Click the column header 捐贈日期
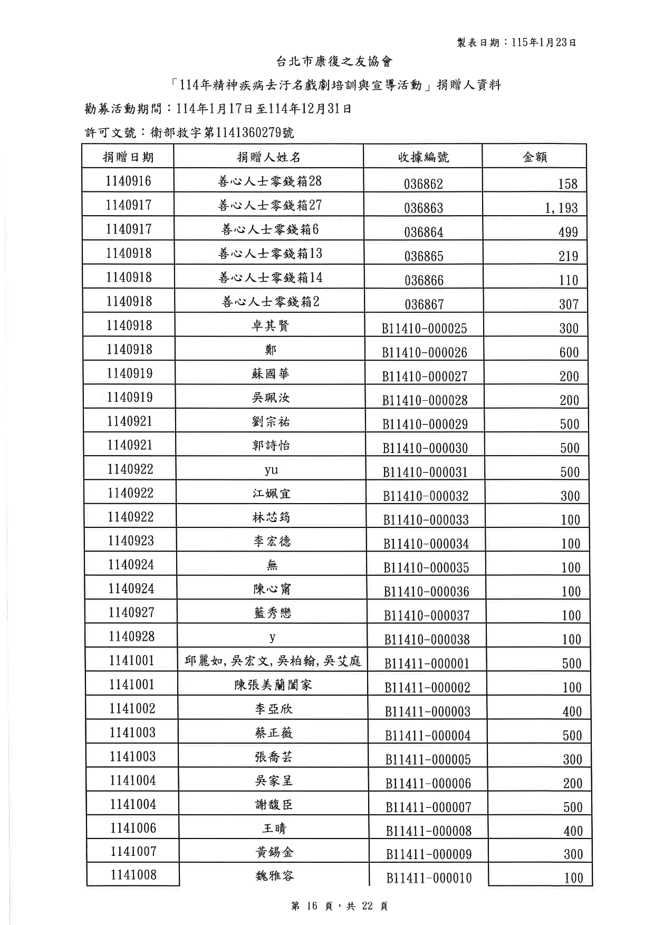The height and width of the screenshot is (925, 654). click(128, 157)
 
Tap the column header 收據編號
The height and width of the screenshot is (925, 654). click(423, 157)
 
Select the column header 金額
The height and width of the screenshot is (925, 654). click(534, 157)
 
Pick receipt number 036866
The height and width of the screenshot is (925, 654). click(424, 281)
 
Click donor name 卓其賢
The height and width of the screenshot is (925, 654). click(271, 326)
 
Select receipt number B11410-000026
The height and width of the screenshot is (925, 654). click(425, 352)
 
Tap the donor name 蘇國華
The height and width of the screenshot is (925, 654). click(271, 374)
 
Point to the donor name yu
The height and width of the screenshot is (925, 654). click(271, 470)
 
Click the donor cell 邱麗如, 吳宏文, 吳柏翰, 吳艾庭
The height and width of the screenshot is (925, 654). click(273, 661)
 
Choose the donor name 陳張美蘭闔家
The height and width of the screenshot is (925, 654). click(273, 685)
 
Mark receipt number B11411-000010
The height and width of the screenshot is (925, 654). click(429, 878)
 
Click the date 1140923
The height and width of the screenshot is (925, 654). click(131, 541)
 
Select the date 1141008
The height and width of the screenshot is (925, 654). click(133, 875)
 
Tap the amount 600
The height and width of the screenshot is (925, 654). click(569, 352)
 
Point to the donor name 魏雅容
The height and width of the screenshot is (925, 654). click(274, 876)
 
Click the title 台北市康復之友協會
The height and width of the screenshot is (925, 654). click(334, 62)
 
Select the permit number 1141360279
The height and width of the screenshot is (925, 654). click(248, 132)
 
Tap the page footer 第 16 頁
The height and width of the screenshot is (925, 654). click(312, 906)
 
